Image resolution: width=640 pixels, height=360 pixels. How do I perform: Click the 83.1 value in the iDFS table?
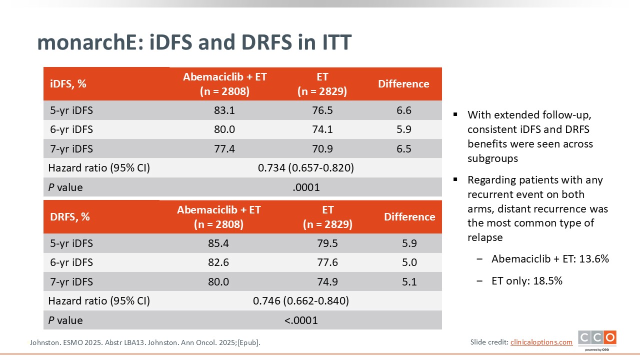224,110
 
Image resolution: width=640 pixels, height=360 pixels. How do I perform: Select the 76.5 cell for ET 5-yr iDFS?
322,110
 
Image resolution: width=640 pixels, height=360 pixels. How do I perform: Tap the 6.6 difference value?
403,110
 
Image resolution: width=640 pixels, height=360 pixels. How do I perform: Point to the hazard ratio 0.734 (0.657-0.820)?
305,168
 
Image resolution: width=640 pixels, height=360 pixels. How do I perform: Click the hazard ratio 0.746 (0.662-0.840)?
300,301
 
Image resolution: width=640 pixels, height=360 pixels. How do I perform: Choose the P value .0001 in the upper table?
306,187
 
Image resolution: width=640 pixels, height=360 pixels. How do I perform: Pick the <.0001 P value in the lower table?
301,320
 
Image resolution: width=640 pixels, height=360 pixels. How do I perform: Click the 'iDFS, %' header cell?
68,84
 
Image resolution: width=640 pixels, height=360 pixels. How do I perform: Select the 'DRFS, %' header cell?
69,217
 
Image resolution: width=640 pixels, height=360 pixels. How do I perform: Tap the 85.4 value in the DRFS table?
218,243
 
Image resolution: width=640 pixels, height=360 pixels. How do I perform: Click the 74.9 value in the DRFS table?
327,282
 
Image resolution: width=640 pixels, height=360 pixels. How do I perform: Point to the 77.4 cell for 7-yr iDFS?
224,149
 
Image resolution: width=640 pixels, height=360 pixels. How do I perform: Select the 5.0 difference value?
409,262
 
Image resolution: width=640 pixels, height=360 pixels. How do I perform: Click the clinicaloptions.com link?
541,342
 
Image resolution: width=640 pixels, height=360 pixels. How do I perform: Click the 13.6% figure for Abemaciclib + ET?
594,259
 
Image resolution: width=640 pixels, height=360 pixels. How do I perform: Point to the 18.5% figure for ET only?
548,281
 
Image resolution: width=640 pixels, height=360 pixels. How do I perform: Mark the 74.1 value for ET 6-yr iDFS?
322,129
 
